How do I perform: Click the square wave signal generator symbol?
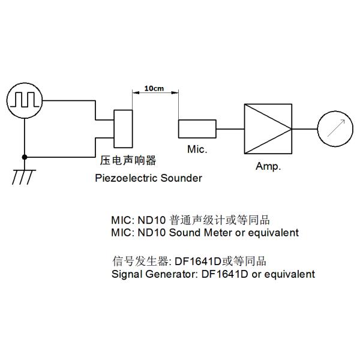point(24,100)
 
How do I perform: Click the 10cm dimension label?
point(155,89)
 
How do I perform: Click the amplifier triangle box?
point(268,128)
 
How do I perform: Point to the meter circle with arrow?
point(335,128)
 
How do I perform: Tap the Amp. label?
point(268,166)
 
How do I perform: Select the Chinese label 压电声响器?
point(127,161)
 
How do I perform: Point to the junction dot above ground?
point(24,157)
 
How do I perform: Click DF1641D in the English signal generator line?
point(197,274)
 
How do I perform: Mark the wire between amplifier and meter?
point(305,128)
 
